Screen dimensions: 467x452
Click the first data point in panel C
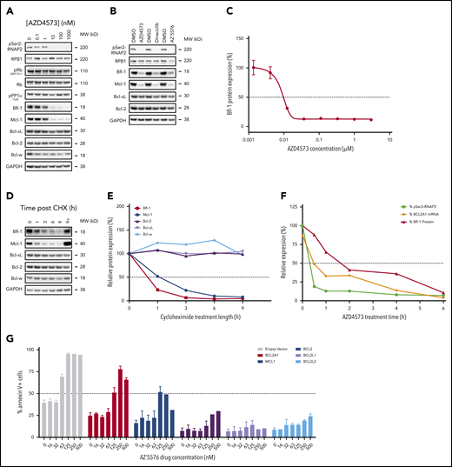click(x=254, y=67)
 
